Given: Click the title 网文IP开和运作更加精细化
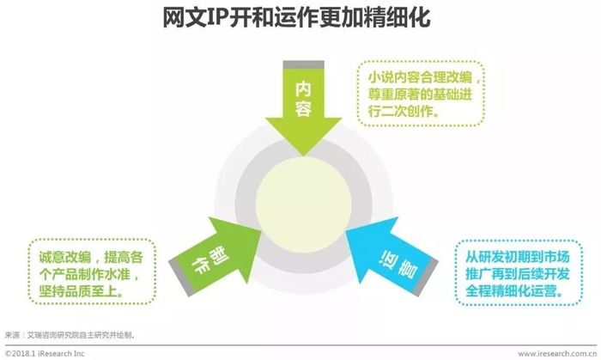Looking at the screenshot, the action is (296, 17).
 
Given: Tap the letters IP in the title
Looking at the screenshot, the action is (217, 17).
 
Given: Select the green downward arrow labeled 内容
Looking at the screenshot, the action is (304, 108).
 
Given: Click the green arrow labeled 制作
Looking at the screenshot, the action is (216, 254).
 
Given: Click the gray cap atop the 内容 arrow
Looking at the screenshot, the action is (304, 64).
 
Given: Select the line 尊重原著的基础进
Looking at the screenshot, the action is (420, 95).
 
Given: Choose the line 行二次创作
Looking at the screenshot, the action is (404, 111).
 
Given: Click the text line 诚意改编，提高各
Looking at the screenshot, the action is (91, 257).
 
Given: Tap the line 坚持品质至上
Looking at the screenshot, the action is (82, 291).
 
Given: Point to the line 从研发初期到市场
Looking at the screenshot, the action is (518, 257).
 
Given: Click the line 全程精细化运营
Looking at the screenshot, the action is (515, 291).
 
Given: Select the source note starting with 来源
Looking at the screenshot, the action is (70, 335).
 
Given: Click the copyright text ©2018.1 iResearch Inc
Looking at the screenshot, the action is (45, 353).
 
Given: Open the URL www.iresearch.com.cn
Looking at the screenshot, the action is (557, 353).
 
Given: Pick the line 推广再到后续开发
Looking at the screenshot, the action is (518, 274).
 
